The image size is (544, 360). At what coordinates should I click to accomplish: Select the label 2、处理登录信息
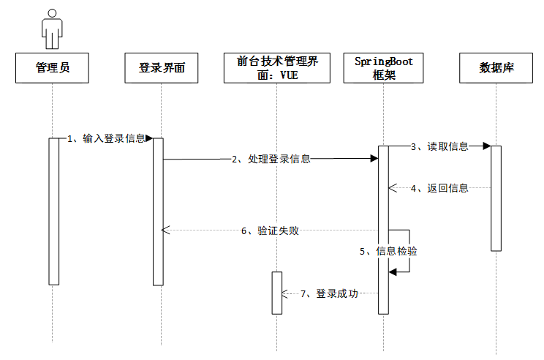pos(271,159)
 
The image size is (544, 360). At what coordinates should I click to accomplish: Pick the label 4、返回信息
pos(439,188)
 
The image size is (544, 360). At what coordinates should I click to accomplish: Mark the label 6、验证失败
pos(270,230)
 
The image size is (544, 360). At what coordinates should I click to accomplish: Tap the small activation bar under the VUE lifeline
pos(276,293)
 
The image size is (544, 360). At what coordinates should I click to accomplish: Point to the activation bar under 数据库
pos(496,198)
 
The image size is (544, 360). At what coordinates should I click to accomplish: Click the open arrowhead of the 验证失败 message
pos(165,230)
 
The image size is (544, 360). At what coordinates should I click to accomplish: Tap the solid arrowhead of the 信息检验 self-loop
pos(392,271)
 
